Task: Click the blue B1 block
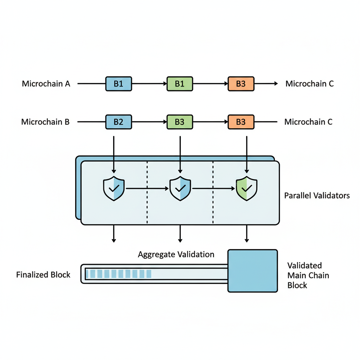click(118, 84)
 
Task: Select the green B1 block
click(180, 84)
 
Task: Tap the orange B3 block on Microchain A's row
click(241, 84)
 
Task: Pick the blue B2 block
click(118, 122)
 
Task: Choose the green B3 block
click(180, 122)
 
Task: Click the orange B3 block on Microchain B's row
click(241, 122)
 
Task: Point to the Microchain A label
click(46, 84)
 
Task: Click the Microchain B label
click(45, 122)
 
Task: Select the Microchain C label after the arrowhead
click(309, 84)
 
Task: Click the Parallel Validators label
click(317, 195)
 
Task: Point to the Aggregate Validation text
click(176, 254)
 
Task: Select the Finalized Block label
click(43, 275)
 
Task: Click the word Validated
click(304, 265)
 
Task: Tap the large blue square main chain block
click(253, 271)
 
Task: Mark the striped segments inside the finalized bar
click(119, 274)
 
